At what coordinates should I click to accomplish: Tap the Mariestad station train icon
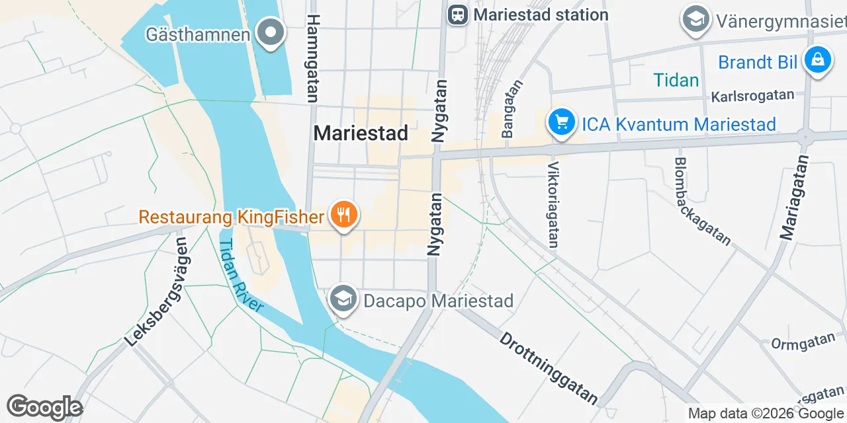[457, 14]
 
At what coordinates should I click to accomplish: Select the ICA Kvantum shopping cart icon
[562, 123]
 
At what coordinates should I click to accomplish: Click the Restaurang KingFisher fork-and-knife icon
[343, 215]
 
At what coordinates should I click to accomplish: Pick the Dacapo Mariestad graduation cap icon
[343, 300]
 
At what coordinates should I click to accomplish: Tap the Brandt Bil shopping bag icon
[818, 61]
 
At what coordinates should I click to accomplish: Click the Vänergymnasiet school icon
[695, 19]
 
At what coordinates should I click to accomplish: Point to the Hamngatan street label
[313, 58]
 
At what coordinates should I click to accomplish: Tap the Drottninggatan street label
[549, 367]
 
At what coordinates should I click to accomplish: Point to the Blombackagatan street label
[703, 201]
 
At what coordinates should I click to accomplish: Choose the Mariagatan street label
[794, 196]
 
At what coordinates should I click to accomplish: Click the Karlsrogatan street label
[752, 96]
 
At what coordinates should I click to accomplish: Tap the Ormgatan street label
[803, 342]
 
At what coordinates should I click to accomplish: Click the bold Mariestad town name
[360, 133]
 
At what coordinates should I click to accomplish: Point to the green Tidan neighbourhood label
[676, 81]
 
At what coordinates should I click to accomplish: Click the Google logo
[44, 407]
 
